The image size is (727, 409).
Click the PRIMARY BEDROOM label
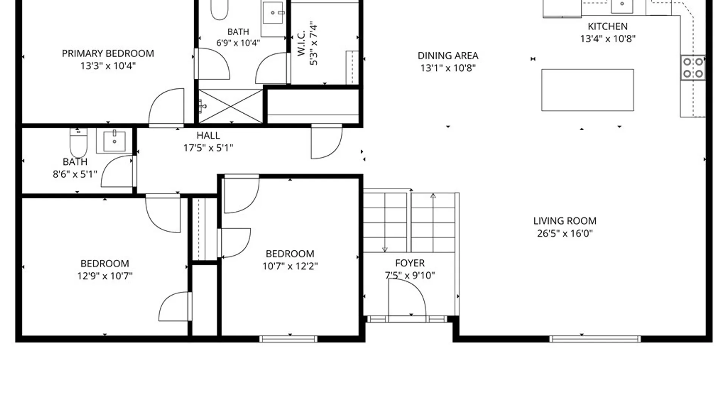click(108, 53)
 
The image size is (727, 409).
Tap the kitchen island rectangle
click(588, 90)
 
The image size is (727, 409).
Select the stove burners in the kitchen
click(693, 68)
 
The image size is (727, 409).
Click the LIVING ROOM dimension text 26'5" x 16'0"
click(565, 233)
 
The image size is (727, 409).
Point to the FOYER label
click(410, 263)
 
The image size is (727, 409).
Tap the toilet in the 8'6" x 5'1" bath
click(78, 142)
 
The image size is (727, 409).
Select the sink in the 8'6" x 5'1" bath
click(114, 141)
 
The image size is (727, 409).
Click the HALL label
click(208, 136)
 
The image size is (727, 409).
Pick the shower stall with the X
click(231, 106)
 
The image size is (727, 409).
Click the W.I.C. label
click(301, 44)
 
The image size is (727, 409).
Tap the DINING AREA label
click(448, 56)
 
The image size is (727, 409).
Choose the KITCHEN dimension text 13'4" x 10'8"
click(608, 39)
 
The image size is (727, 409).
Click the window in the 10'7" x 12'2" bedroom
click(289, 339)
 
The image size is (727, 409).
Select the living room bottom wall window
click(595, 339)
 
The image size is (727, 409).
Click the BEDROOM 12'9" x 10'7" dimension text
click(105, 276)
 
